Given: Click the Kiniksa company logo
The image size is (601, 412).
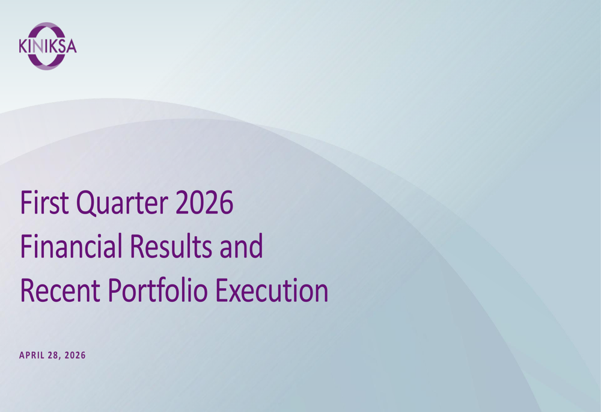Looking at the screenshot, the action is pos(47,46).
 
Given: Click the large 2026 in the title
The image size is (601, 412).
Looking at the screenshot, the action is pos(204,202).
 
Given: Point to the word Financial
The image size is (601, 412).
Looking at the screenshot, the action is pos(72,245).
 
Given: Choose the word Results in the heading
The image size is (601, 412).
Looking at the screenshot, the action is pos(171,245).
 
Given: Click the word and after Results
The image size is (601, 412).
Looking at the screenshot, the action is pos(242,245).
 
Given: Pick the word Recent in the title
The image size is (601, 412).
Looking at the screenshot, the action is pos(60,290).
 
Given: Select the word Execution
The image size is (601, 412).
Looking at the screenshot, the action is pos(272,290).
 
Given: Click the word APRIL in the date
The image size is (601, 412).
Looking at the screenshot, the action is pos(32,355).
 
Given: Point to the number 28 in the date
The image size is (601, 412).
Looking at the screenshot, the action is pos(53,355).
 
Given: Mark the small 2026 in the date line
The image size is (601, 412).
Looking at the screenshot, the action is pos(75,355).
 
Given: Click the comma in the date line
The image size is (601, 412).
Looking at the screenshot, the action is pos(59,358).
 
